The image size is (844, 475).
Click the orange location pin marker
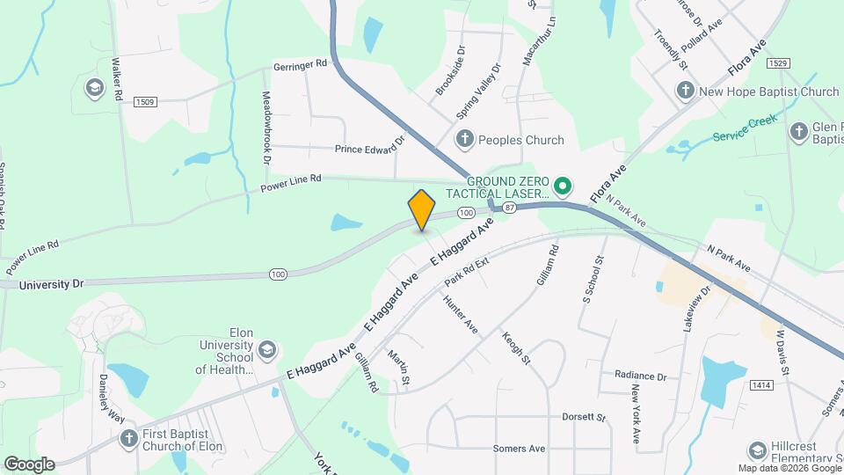click(422, 209)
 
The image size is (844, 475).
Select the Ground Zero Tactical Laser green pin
click(563, 186)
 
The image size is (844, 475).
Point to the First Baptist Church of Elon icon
click(129, 438)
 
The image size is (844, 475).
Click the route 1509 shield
click(145, 102)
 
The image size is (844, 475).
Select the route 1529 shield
click(776, 63)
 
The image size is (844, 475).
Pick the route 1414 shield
click(761, 385)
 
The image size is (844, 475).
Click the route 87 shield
click(510, 208)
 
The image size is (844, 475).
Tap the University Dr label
click(51, 284)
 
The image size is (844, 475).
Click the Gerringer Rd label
click(300, 64)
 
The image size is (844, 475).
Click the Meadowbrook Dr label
click(265, 127)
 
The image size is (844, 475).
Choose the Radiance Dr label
click(640, 376)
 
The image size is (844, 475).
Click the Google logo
click(30, 464)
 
